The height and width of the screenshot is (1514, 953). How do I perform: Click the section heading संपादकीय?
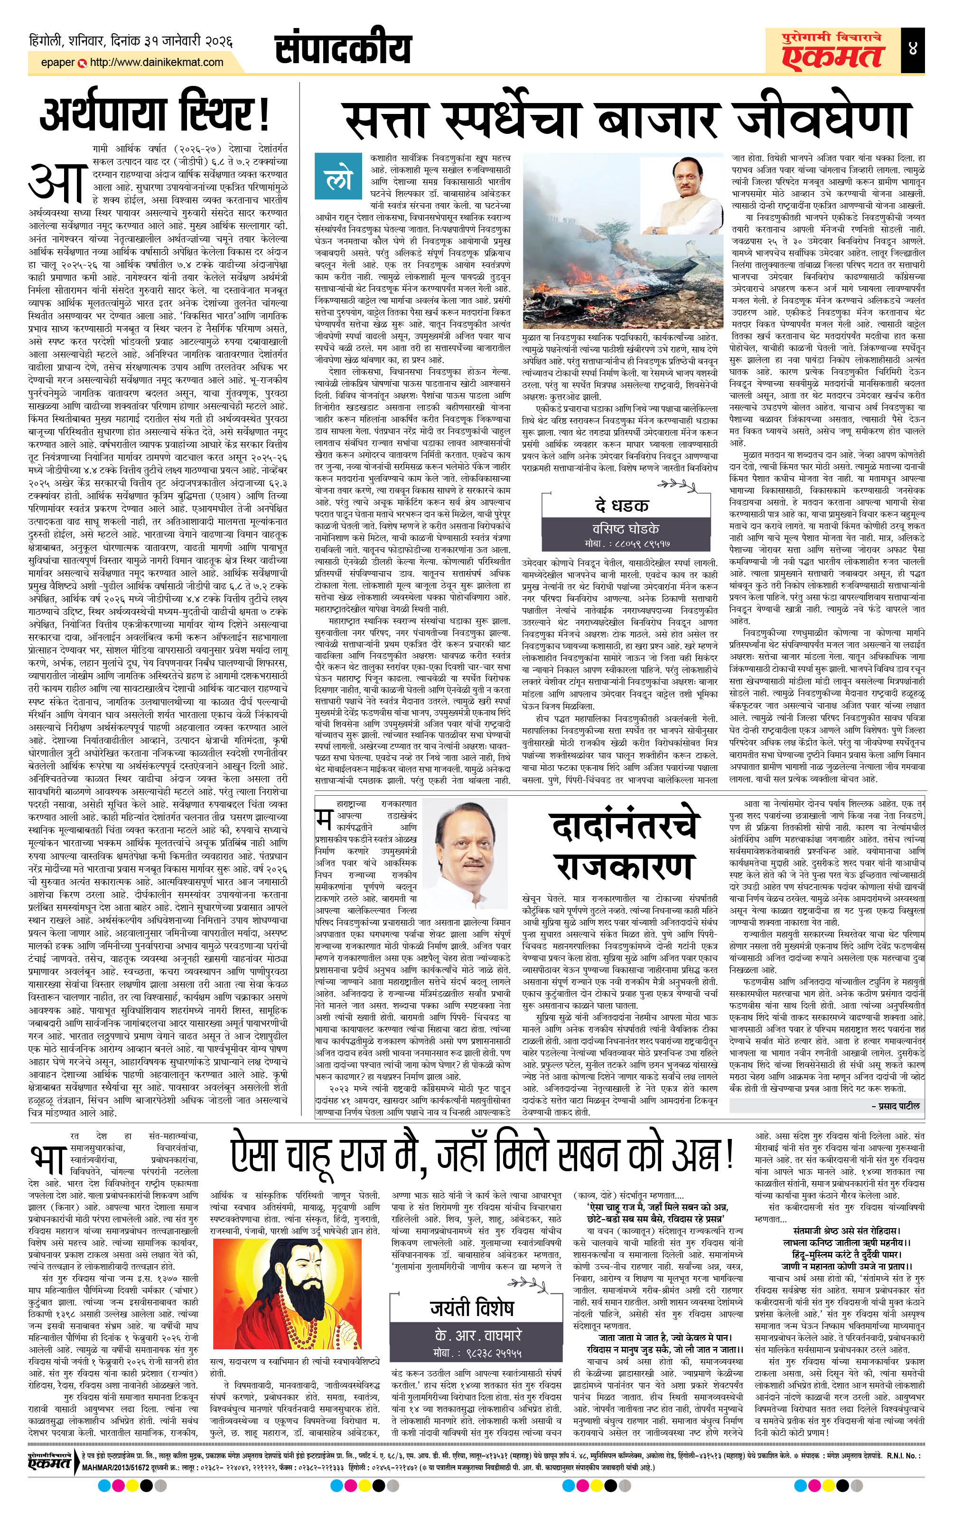pyautogui.click(x=343, y=49)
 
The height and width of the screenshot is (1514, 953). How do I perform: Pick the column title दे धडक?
pyautogui.click(x=622, y=505)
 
